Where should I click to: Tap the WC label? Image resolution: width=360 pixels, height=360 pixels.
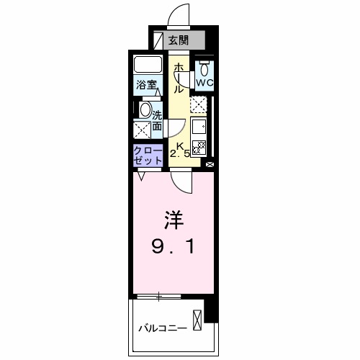(x=205, y=82)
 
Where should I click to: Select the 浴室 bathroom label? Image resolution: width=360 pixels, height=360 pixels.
(x=148, y=85)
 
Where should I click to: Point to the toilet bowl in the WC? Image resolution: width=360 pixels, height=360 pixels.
(x=205, y=68)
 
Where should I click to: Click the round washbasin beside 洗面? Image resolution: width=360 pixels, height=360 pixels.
(x=145, y=110)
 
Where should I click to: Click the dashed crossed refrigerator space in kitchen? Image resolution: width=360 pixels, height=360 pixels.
(x=199, y=105)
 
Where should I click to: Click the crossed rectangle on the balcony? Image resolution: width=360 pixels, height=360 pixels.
(x=197, y=318)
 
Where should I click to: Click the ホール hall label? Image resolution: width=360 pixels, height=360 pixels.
(x=178, y=77)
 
